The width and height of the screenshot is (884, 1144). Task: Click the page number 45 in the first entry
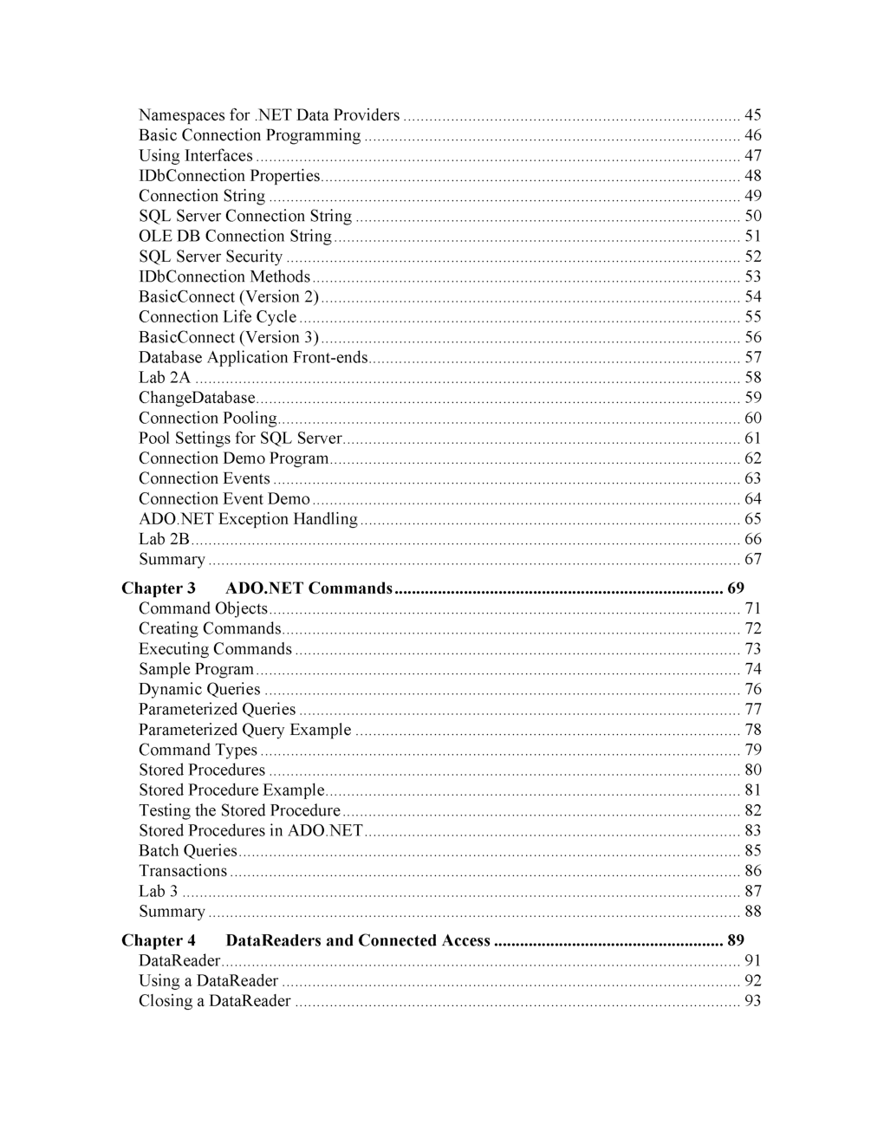[752, 115]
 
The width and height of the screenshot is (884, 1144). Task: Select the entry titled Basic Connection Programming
[250, 135]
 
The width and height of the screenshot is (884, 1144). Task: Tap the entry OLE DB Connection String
[235, 237]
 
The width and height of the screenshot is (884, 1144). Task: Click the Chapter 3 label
[159, 588]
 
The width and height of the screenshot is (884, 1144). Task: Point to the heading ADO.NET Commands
[309, 588]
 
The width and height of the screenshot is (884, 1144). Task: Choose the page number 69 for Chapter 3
[735, 588]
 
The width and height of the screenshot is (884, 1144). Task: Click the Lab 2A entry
[164, 378]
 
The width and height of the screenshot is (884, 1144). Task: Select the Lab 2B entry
[164, 539]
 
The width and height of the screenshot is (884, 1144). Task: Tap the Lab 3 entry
[158, 891]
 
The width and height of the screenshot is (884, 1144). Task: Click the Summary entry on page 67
[172, 560]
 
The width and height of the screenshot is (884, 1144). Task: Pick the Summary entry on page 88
[172, 912]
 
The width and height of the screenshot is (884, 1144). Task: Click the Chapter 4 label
[159, 940]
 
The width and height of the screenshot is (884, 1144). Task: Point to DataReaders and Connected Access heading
[358, 940]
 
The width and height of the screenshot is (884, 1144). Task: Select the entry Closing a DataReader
[215, 1001]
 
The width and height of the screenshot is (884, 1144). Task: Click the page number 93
[752, 1001]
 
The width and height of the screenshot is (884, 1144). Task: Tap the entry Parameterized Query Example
[245, 730]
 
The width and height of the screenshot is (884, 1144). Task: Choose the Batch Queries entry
[187, 851]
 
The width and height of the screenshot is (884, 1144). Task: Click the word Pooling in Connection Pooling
[250, 419]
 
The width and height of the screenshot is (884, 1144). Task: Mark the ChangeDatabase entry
[197, 398]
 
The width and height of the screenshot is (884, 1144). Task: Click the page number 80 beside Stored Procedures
[752, 770]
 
